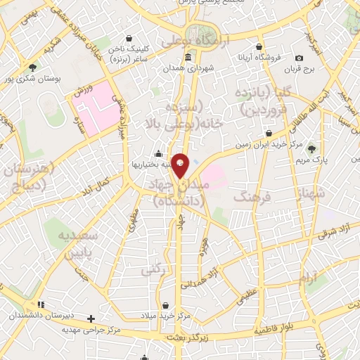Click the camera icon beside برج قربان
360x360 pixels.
pyautogui.click(x=300, y=58)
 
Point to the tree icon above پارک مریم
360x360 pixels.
pyautogui.click(x=312, y=148)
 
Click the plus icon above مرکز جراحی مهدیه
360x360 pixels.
pyautogui.click(x=91, y=319)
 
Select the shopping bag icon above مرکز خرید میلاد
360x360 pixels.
pyautogui.click(x=165, y=305)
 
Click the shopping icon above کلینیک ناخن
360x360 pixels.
pyautogui.click(x=129, y=39)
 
